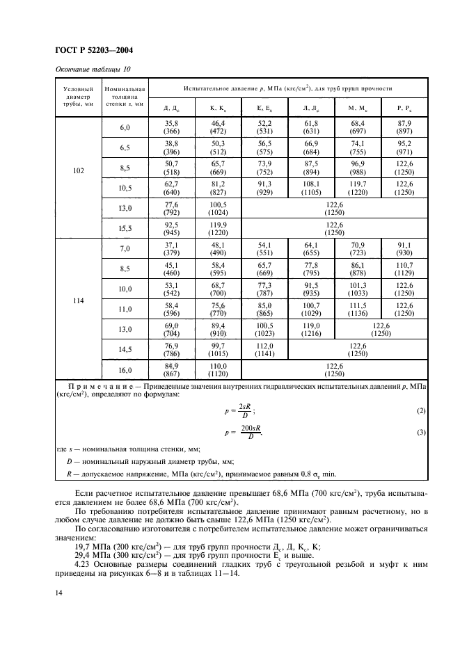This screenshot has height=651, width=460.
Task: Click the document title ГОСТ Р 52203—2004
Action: pos(94,50)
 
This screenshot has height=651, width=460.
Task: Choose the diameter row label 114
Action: pos(78,302)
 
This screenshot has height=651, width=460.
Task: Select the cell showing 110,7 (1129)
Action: pos(404,268)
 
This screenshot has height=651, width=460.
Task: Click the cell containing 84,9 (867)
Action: pos(171,369)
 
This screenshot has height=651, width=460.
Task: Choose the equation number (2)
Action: pos(420,410)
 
